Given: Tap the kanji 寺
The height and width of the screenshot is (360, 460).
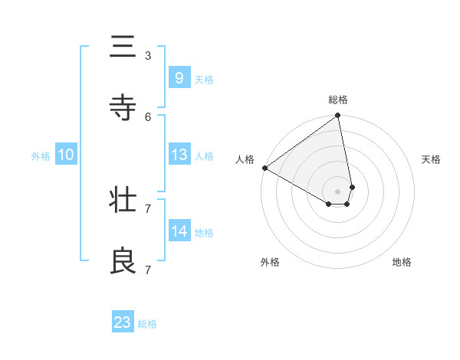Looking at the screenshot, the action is click(x=123, y=108).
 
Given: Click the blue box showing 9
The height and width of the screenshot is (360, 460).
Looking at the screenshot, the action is click(x=179, y=78).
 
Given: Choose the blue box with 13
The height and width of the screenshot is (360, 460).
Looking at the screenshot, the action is click(x=179, y=155).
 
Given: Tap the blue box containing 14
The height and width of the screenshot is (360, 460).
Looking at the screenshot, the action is click(x=179, y=231).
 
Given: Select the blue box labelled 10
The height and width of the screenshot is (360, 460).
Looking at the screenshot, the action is click(x=65, y=155).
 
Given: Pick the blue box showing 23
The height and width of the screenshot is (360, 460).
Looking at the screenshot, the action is click(x=123, y=322).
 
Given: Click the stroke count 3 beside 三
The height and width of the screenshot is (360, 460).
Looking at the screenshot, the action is click(x=148, y=55).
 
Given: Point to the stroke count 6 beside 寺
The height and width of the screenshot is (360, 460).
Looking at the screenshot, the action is click(x=148, y=116).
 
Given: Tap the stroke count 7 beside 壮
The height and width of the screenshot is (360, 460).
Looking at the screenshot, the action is click(x=148, y=208).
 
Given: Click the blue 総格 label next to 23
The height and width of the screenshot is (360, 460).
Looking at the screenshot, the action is click(x=147, y=324).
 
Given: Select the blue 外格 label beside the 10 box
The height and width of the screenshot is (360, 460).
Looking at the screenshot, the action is click(x=41, y=156).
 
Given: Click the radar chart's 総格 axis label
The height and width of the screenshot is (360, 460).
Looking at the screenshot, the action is click(x=338, y=100).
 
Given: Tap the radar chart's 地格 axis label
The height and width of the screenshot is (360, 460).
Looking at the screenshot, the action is click(x=402, y=262).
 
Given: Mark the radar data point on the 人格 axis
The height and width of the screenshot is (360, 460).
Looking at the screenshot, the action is click(x=264, y=168).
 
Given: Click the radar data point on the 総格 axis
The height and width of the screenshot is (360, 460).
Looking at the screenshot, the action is click(x=338, y=116).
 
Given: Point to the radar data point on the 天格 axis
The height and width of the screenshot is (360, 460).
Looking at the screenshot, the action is click(x=352, y=187).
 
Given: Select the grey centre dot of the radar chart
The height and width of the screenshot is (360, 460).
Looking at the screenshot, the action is click(x=338, y=191).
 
